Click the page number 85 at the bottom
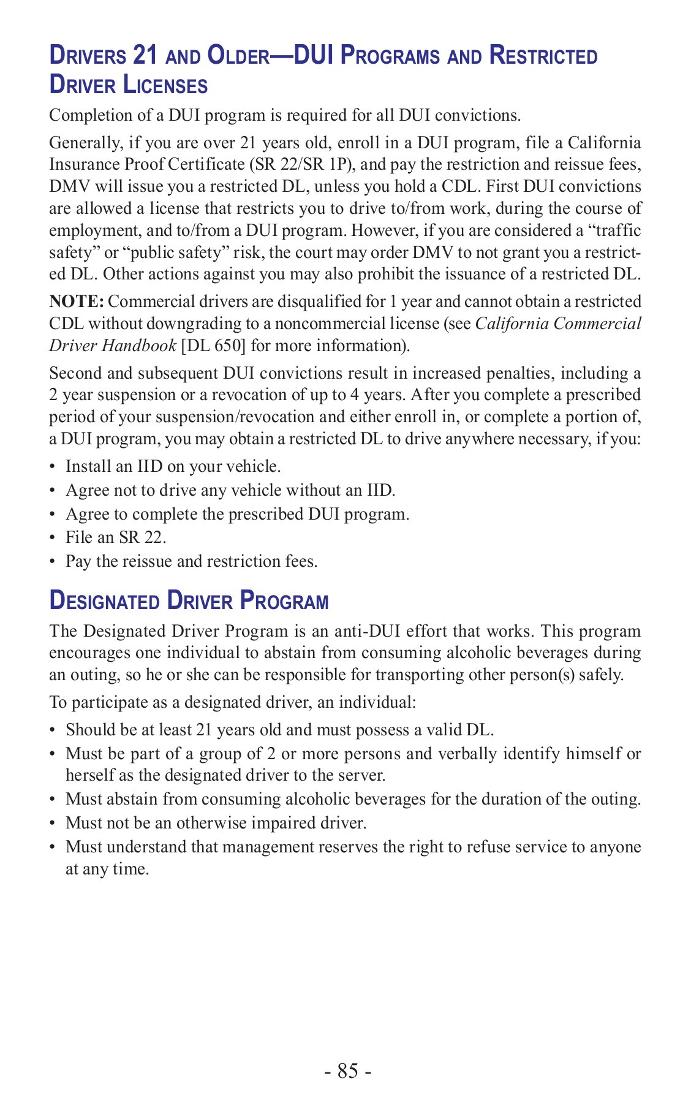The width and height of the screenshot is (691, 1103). click(347, 1071)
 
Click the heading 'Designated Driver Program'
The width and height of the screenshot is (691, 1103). click(189, 601)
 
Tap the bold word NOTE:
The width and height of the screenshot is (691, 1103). click(77, 301)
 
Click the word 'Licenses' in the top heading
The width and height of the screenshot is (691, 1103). click(165, 85)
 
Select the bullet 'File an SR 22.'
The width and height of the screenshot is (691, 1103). click(116, 537)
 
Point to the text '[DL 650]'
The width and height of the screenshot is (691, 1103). click(213, 346)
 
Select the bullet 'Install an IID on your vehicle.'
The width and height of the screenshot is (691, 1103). click(173, 466)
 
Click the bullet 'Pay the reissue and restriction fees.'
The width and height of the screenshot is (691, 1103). click(191, 561)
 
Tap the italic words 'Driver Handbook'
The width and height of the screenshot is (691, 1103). click(113, 346)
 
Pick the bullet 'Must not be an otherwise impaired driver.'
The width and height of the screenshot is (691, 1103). click(216, 823)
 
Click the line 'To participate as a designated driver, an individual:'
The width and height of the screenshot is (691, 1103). click(233, 702)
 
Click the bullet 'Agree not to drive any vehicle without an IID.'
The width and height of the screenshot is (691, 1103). click(230, 490)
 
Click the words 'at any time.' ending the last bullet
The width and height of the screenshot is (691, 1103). click(107, 869)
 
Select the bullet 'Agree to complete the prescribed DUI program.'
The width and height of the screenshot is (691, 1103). click(237, 514)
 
